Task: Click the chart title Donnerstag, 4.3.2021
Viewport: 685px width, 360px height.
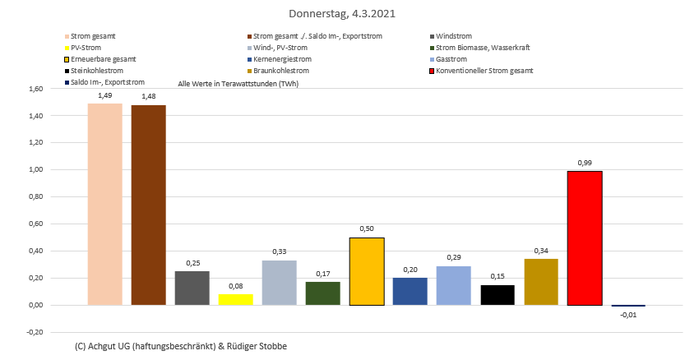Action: point(341,14)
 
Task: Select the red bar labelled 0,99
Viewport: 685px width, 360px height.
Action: point(585,238)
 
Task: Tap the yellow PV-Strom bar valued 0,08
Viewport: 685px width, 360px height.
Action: point(235,299)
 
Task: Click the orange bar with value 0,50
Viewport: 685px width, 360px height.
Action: point(367,271)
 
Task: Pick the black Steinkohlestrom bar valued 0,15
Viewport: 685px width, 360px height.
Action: point(498,295)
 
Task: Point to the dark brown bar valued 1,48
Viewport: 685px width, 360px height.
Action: point(148,205)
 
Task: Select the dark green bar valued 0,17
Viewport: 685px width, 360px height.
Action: point(323,293)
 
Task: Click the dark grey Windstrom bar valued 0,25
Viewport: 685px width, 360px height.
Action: point(192,288)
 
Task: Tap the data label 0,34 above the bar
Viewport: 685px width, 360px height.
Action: point(541,251)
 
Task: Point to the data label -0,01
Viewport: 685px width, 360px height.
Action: point(628,315)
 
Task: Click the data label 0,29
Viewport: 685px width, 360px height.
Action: point(454,257)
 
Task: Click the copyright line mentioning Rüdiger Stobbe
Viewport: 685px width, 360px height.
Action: point(180,346)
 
